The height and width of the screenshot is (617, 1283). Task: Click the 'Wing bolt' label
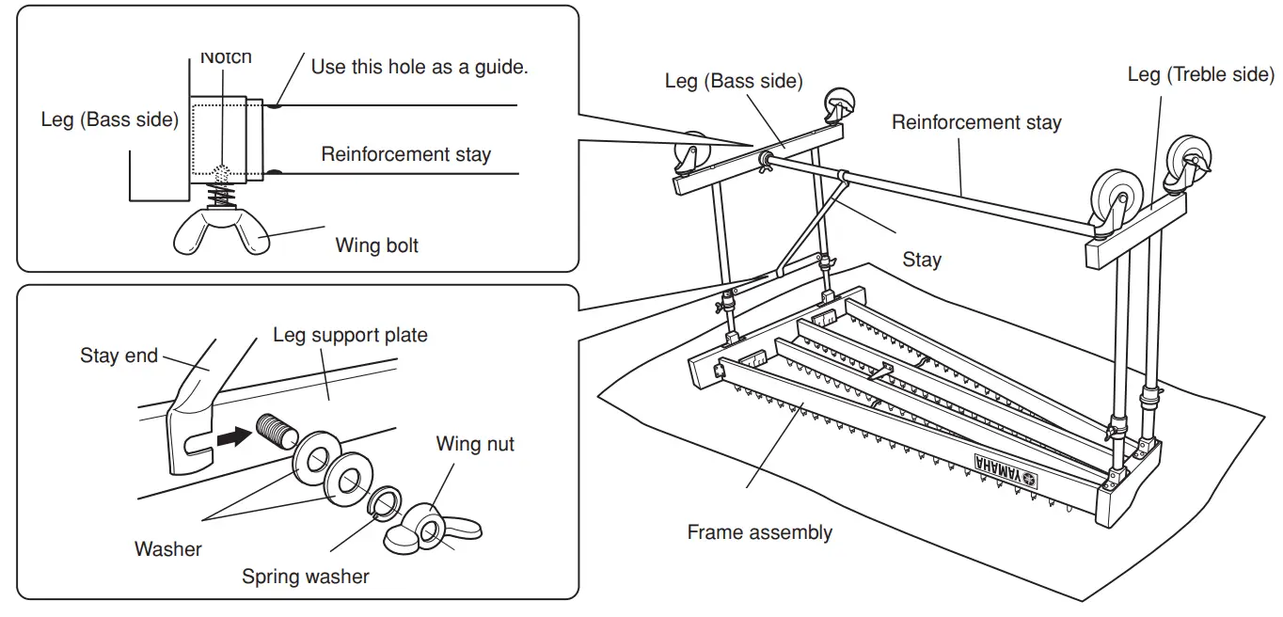[377, 245]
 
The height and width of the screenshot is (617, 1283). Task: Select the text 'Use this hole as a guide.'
[420, 67]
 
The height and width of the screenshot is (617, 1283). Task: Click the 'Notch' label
[226, 57]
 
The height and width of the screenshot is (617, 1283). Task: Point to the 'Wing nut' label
[475, 443]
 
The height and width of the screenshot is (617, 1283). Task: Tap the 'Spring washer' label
[306, 576]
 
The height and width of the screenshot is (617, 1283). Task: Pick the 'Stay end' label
[119, 356]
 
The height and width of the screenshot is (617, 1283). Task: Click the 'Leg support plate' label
[350, 335]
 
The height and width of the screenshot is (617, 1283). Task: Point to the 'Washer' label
[168, 548]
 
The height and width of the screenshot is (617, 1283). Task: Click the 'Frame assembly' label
[759, 532]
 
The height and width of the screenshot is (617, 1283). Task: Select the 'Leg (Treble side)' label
[1200, 74]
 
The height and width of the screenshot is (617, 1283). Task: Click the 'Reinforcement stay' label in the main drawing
[976, 122]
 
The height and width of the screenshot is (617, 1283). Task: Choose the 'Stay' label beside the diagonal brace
[921, 260]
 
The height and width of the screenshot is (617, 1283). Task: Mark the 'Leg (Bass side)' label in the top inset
[109, 120]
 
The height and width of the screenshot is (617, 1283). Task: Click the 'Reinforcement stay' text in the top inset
[405, 154]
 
